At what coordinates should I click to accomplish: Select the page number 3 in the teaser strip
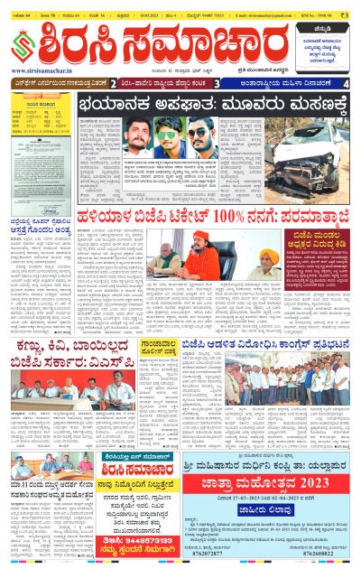click(217, 83)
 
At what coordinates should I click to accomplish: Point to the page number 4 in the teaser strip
click(347, 83)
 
